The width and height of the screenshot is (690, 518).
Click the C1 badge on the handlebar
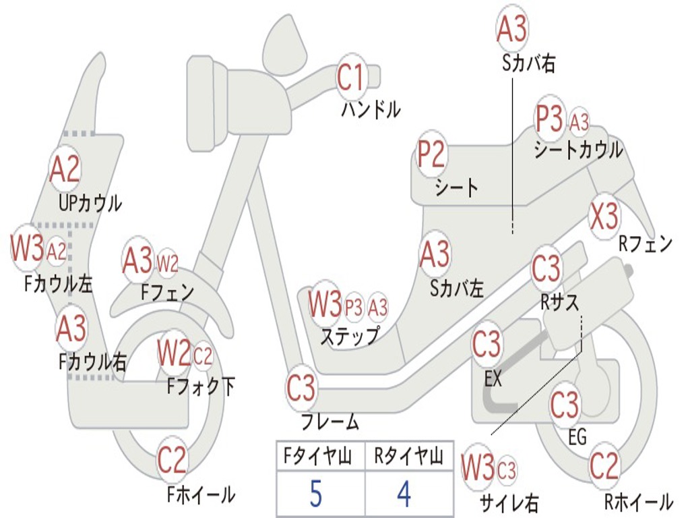pyautogui.click(x=350, y=77)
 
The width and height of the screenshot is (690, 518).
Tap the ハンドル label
pyautogui.click(x=371, y=109)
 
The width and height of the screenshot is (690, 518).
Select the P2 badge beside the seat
pyautogui.click(x=431, y=154)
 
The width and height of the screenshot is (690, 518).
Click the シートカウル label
pyautogui.click(x=578, y=150)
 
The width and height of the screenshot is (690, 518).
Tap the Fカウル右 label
pyautogui.click(x=92, y=362)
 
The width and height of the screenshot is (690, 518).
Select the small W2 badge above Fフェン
pyautogui.click(x=167, y=263)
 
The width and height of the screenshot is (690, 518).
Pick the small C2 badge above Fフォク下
pyautogui.click(x=202, y=355)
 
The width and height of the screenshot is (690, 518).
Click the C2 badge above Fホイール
pyautogui.click(x=172, y=461)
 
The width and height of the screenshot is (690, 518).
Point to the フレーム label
pyautogui.click(x=330, y=423)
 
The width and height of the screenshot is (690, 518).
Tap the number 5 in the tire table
pyautogui.click(x=315, y=494)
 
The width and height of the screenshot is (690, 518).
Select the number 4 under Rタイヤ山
pyautogui.click(x=404, y=494)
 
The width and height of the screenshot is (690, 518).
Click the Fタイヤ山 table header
pyautogui.click(x=315, y=457)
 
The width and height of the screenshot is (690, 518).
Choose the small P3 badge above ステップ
pyautogui.click(x=353, y=307)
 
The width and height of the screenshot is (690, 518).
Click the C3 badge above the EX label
pyautogui.click(x=486, y=345)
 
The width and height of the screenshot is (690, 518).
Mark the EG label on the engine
pyautogui.click(x=577, y=438)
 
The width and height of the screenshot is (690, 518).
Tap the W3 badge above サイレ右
pyautogui.click(x=478, y=468)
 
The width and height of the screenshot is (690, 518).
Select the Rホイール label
pyautogui.click(x=638, y=502)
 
